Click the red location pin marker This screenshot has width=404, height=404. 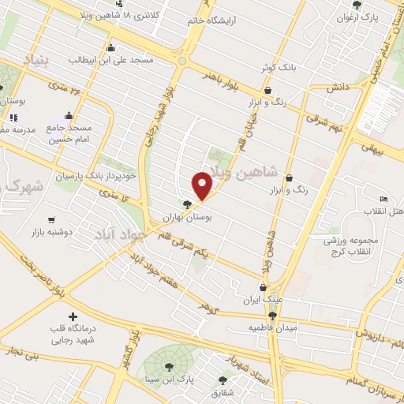[x=203, y=185]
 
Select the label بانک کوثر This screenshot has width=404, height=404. [x=281, y=68]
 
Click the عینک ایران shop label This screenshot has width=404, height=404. [x=264, y=300]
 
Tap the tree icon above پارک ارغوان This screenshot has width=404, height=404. [x=358, y=5]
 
